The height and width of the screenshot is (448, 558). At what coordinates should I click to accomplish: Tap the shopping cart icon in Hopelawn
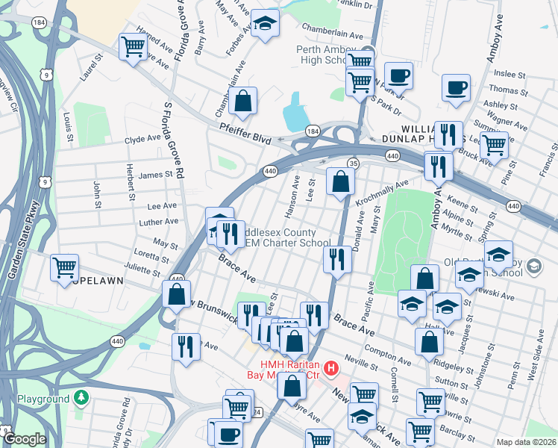(x=65, y=266)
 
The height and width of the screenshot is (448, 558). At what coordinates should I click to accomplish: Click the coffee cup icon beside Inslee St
(x=456, y=87)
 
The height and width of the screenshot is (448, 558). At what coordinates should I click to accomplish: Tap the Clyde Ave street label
(x=142, y=140)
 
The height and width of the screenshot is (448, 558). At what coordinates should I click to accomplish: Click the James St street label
(x=156, y=175)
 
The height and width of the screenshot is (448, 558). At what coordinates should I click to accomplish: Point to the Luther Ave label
(x=159, y=222)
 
